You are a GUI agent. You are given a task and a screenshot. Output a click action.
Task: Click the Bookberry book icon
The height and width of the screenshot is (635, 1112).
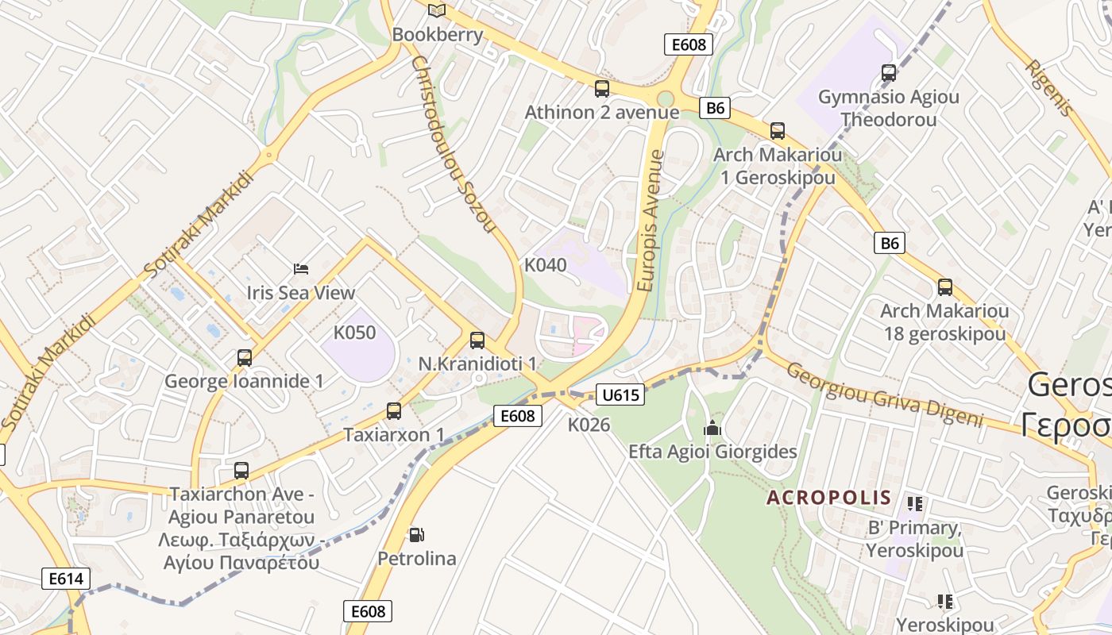click(x=437, y=10)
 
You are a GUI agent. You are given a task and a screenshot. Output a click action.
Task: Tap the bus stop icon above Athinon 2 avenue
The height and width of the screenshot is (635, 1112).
click(x=602, y=88)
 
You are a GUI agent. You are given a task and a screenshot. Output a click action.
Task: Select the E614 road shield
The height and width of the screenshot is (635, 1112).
click(x=66, y=579)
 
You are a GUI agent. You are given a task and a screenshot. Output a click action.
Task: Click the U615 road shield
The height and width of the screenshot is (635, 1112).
click(x=620, y=394)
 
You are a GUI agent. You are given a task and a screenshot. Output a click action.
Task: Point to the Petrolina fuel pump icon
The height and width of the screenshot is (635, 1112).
click(x=416, y=535)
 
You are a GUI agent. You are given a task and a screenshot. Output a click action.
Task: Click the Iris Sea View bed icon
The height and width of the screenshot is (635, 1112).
click(x=301, y=268)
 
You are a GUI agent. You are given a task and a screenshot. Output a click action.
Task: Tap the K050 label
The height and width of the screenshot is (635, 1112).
click(x=354, y=333)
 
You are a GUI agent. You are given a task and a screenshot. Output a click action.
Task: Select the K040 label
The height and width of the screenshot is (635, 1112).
click(x=546, y=265)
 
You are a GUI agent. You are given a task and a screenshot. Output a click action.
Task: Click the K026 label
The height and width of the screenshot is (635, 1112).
click(x=589, y=425)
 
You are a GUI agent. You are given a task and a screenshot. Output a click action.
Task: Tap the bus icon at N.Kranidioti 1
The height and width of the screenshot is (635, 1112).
click(x=477, y=340)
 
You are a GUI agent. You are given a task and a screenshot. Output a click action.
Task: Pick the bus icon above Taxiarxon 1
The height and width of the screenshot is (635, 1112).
click(x=394, y=410)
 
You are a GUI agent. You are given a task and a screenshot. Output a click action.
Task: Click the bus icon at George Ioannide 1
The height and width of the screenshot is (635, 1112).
click(x=245, y=357)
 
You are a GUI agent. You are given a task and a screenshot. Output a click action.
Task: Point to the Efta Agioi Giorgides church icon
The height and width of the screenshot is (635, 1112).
click(x=712, y=429)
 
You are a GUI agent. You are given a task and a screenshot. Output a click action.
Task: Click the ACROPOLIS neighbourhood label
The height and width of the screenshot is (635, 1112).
click(x=828, y=498)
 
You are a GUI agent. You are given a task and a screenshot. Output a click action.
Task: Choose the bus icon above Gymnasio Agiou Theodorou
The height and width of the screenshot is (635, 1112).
click(x=889, y=73)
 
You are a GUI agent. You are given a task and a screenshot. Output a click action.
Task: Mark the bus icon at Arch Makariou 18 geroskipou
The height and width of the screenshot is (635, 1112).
click(x=944, y=287)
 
